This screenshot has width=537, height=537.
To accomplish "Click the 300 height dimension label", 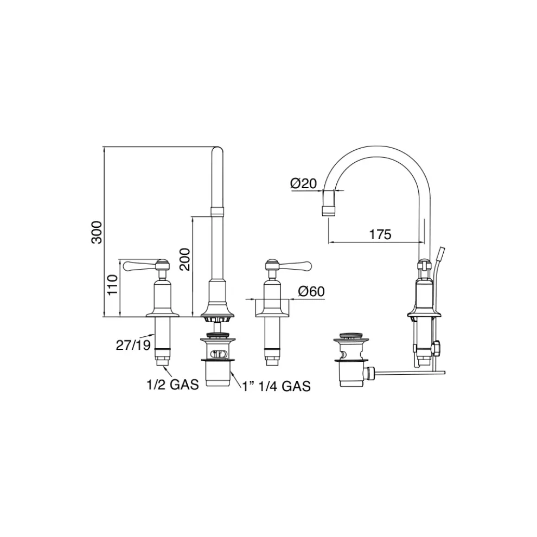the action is pos(97,232).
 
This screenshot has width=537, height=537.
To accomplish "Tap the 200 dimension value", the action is pos(185,259).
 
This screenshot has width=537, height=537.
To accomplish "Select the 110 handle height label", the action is pos(112,285).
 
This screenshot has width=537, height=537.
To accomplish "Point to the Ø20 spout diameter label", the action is pos(303,184).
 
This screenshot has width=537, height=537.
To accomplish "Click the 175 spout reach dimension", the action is pos(380,234).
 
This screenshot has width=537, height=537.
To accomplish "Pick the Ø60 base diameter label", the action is pos(311,291).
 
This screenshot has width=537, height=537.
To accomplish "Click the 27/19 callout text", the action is pos(133,345).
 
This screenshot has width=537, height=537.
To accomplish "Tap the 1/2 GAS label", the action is pos(172,385).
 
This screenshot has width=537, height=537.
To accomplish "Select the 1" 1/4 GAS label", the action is pos(277,386).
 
